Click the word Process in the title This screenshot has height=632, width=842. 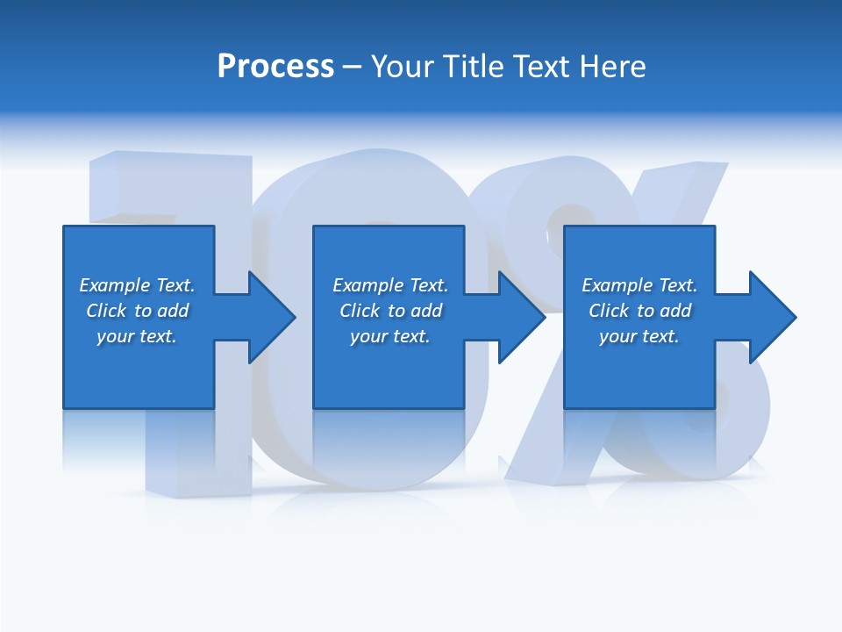275,67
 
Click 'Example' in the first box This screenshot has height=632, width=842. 115,285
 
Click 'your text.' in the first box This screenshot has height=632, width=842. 137,336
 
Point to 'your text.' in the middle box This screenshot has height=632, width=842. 389,336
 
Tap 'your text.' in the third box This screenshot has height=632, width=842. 639,336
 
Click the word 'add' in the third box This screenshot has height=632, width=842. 675,311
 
